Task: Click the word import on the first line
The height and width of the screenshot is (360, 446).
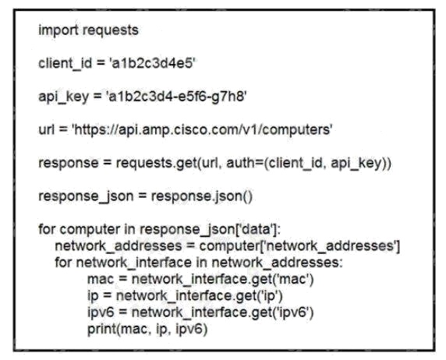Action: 58,30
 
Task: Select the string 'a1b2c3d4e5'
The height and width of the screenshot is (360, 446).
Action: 152,63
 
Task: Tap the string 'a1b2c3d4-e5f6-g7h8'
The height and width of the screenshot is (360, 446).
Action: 176,97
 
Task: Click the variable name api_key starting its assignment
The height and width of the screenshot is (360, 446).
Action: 63,97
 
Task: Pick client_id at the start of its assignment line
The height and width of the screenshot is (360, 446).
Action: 65,63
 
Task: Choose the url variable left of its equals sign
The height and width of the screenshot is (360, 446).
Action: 46,129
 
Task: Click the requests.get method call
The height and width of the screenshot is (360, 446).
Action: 157,163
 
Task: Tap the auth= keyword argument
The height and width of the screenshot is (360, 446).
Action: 245,163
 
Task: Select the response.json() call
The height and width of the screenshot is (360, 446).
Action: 202,196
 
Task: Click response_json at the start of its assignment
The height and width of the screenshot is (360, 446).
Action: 86,196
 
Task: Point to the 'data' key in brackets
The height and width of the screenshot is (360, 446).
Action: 256,229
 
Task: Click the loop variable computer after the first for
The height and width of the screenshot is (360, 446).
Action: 90,230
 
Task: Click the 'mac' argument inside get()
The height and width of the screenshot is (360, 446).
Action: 292,279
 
